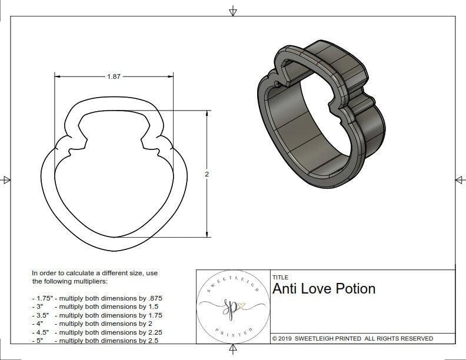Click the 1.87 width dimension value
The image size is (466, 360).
pos(114,76)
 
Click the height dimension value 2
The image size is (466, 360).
pos(207,174)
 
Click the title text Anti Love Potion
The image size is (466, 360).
pos(324,289)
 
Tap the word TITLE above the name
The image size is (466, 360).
pos(280,277)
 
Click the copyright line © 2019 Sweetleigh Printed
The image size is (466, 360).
pos(352,338)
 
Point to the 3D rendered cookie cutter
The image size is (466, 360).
pos(321,112)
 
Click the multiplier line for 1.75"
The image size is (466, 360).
pos(97,298)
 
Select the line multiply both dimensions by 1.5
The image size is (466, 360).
pos(97,306)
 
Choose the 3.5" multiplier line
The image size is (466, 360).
pos(97,315)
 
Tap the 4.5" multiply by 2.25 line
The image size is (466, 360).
pos(97,332)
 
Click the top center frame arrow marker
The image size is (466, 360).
pos(233,11)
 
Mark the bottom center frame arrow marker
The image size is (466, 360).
pos(233,350)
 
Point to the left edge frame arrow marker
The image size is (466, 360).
pos(6,179)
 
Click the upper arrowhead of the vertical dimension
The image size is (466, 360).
pos(207,114)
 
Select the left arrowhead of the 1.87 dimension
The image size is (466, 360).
pos(58,76)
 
